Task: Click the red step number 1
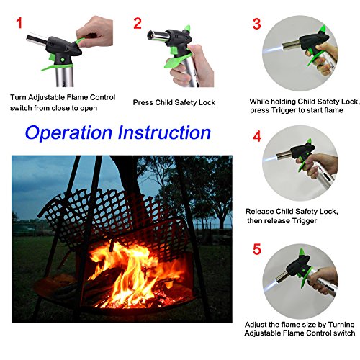coord(19,23)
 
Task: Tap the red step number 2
coord(138,23)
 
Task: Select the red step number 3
coord(256,24)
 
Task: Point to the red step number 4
coord(257,136)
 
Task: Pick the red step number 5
coord(257,249)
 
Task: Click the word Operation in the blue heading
coord(68,132)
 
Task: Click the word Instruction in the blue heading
coord(164,132)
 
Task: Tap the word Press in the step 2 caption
coord(143,102)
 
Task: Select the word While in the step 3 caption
coord(259,102)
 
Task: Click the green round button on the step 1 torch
coord(63,59)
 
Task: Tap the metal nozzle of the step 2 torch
coord(157,36)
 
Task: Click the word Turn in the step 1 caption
coord(19,97)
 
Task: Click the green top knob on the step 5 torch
coord(302,253)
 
